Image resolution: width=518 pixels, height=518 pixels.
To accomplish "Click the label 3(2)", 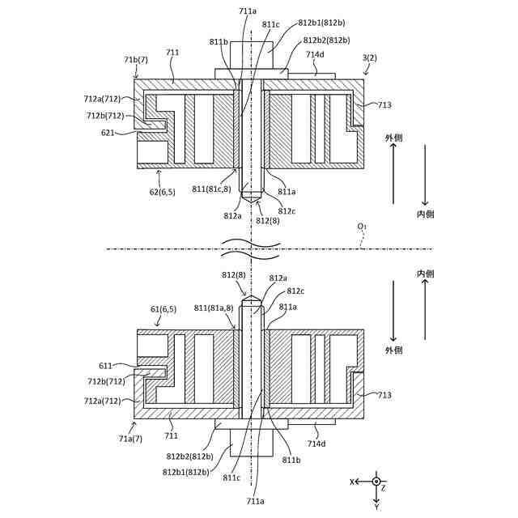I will pos(369,57).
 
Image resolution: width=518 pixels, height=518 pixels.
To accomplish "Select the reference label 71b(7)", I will pos(136,60).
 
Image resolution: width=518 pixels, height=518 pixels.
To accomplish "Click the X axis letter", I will pos(352,482).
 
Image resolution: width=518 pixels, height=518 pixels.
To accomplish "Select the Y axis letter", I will pos(376,507).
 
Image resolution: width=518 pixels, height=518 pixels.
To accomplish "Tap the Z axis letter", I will pos(384,489).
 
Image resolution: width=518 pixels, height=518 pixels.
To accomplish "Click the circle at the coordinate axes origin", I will pos(376,482).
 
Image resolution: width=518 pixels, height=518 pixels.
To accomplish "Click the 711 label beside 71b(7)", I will pos(172,53).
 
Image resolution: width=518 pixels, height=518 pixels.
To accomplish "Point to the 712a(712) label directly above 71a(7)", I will pos(103,401).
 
